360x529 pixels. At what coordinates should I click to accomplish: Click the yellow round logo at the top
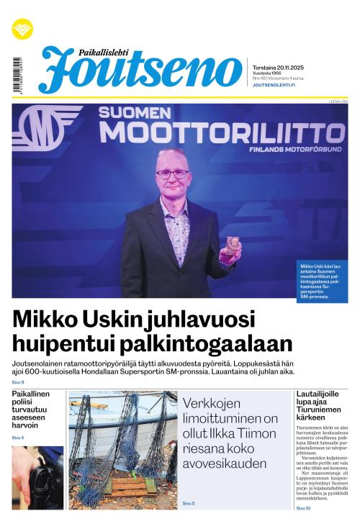click(22, 30)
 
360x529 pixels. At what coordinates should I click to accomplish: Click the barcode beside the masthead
click(17, 73)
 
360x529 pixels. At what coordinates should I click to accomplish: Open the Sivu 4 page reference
click(18, 438)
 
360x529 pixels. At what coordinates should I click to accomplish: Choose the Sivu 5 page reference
click(189, 503)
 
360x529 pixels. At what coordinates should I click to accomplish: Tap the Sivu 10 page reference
click(303, 508)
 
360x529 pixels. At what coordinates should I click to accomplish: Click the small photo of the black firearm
click(37, 477)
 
